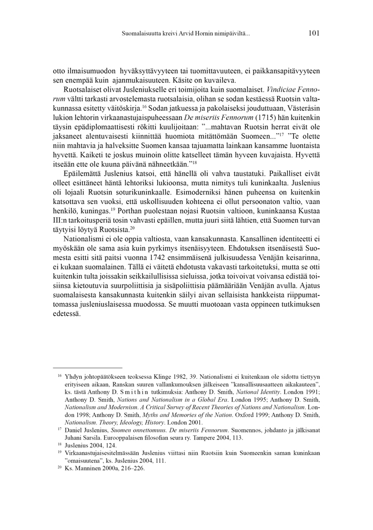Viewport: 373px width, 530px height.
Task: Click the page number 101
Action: pyautogui.click(x=313, y=33)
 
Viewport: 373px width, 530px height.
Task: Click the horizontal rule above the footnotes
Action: pyautogui.click(x=87, y=368)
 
